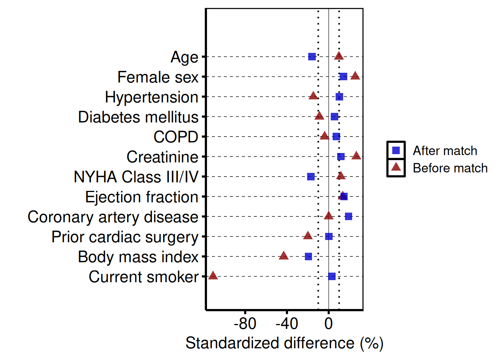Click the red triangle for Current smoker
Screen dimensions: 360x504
213,276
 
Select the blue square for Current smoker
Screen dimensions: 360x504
332,276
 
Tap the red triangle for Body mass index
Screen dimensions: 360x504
284,256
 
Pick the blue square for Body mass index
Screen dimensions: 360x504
309,256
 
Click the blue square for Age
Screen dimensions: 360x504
312,57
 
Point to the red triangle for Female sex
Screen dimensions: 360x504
355,76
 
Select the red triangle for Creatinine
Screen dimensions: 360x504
357,156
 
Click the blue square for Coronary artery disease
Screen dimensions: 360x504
349,216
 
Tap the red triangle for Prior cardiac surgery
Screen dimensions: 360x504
308,236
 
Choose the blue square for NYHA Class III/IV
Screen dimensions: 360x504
311,177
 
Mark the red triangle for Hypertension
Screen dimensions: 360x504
313,96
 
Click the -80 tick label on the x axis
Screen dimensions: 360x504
245,324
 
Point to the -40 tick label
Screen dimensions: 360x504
287,324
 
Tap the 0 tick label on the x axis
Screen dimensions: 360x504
328,324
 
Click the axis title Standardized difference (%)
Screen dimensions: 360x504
284,343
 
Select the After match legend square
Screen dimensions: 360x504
396,150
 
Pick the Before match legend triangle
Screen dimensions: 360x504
396,167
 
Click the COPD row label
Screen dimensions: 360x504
176,137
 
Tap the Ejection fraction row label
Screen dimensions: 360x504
142,197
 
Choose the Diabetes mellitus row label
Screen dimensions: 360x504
138,117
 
